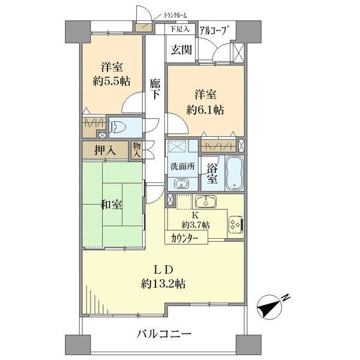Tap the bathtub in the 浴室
click(235, 173)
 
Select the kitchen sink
click(205, 202)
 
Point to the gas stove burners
click(236, 224)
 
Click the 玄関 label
click(181, 49)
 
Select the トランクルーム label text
click(175, 16)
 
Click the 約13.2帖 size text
click(163, 284)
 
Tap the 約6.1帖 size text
click(205, 110)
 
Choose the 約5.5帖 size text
click(112, 81)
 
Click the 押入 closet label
click(105, 150)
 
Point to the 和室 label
click(112, 205)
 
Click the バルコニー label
click(164, 333)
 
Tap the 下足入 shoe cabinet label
click(179, 29)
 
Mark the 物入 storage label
click(137, 149)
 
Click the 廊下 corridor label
click(155, 89)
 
